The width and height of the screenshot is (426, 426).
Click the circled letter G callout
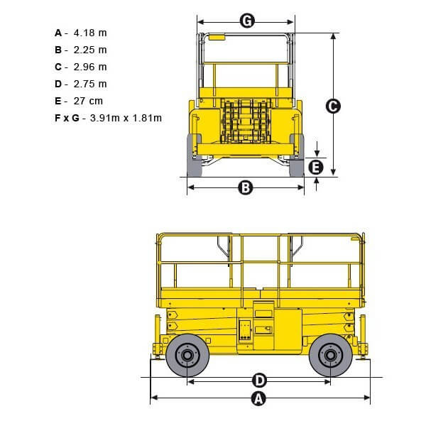(247, 21)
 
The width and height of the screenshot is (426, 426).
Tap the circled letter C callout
(333, 106)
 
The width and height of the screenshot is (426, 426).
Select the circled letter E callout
(316, 168)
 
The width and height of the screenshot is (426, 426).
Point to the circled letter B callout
(246, 187)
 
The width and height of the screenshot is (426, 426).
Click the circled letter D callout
(259, 380)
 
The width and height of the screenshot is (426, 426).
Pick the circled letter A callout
(258, 399)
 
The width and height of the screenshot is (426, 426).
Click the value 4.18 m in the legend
(90, 33)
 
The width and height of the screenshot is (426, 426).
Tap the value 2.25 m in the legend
(90, 50)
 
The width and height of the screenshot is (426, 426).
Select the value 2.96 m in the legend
(90, 67)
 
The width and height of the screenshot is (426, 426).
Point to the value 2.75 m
(90, 84)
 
